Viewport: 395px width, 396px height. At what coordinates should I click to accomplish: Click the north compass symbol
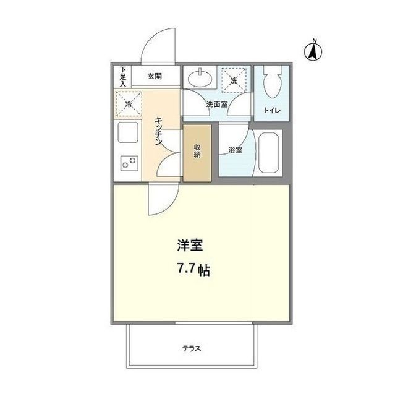click(x=313, y=51)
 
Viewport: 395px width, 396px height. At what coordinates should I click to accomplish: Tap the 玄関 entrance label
click(x=155, y=76)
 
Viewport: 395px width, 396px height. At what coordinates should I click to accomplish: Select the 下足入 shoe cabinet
click(x=123, y=76)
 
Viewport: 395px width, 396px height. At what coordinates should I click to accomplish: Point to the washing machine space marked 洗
click(x=233, y=80)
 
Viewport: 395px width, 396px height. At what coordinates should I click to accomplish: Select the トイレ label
click(x=271, y=110)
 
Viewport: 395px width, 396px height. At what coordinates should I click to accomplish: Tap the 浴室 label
click(x=234, y=149)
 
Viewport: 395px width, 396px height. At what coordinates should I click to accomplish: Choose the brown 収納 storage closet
click(x=197, y=152)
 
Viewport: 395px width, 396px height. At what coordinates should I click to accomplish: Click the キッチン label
click(x=159, y=131)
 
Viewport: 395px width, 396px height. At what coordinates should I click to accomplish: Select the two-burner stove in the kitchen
click(x=129, y=162)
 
